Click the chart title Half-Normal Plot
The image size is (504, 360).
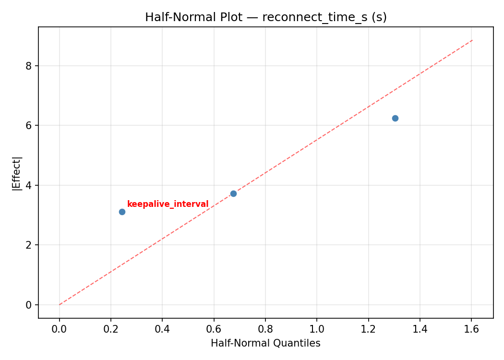click(265, 17)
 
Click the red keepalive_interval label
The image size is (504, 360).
click(168, 204)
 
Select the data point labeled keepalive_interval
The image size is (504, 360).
click(122, 212)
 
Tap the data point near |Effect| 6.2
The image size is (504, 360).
click(395, 118)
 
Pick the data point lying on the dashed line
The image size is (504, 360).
click(233, 193)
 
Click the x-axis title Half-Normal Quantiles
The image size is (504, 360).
click(265, 343)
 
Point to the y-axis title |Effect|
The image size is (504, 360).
click(17, 173)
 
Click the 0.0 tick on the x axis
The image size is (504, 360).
click(60, 330)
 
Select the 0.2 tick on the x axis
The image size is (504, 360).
click(111, 330)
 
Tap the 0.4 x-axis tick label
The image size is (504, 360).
click(162, 330)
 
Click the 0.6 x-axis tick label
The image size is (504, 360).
click(214, 330)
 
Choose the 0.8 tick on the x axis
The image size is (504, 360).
click(265, 330)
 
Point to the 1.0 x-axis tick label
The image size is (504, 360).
click(317, 330)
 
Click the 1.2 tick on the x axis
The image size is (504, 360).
click(368, 330)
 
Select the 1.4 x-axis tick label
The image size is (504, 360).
click(420, 330)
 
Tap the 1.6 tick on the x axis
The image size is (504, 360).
click(471, 330)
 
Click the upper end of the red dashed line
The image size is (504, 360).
click(472, 40)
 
